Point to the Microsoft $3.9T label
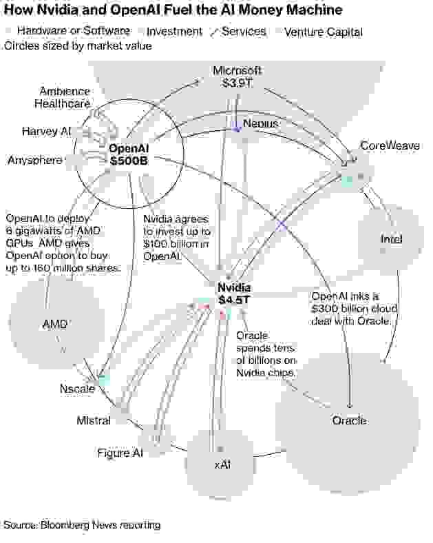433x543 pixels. [x=236, y=76]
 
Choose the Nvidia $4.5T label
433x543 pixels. [x=234, y=294]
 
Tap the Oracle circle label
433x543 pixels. [x=349, y=420]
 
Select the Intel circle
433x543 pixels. [x=391, y=238]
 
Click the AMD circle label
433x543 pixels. [x=55, y=324]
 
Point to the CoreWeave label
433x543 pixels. [x=390, y=146]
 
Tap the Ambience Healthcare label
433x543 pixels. [x=63, y=98]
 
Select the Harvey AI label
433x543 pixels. [x=46, y=131]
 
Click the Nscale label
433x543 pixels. [x=76, y=389]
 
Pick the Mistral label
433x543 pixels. [x=94, y=420]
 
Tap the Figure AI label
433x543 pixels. [x=120, y=453]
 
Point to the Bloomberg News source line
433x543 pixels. [x=82, y=525]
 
